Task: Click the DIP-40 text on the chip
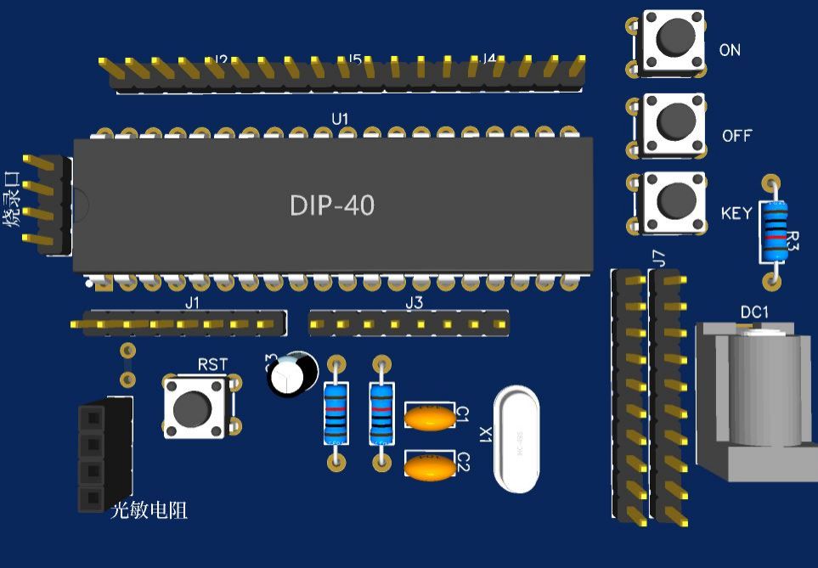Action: point(332,205)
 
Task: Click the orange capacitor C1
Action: point(430,418)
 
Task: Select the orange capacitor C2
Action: point(430,467)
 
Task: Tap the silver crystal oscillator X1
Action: point(516,439)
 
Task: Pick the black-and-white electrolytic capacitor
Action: point(292,375)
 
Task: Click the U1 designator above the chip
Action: point(340,119)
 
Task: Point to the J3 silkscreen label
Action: point(414,303)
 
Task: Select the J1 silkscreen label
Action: point(193,303)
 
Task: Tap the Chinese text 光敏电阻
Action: point(149,510)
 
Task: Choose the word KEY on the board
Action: point(736,213)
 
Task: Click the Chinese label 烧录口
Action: point(12,200)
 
